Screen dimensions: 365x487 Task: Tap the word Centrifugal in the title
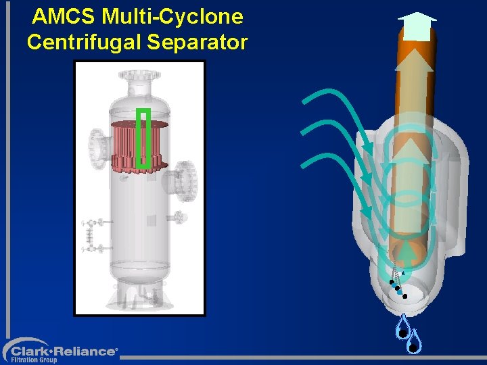click(x=85, y=42)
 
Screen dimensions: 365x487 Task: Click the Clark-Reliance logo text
click(x=64, y=351)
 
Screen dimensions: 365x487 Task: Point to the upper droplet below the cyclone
click(x=402, y=328)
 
